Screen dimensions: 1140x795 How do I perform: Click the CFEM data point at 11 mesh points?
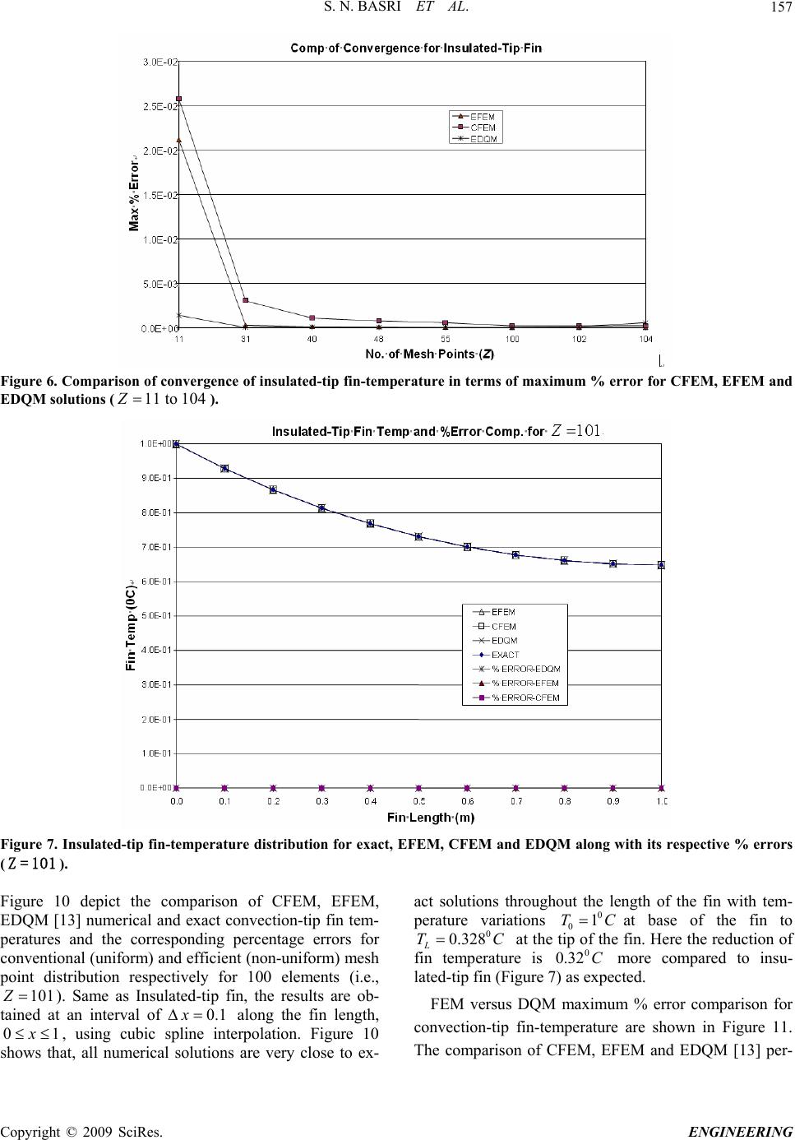(179, 99)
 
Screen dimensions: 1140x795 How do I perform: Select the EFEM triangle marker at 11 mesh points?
(179, 141)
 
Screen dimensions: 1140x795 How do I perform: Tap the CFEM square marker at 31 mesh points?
(245, 300)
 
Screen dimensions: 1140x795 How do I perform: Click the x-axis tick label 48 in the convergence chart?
(378, 338)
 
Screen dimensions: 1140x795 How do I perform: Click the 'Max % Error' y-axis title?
(135, 194)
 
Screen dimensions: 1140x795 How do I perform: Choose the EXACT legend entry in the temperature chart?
(504, 655)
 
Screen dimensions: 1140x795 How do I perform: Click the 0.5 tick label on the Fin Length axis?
(418, 800)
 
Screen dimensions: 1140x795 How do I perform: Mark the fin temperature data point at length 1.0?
(661, 565)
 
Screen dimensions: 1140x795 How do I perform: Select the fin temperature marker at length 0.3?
(321, 508)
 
